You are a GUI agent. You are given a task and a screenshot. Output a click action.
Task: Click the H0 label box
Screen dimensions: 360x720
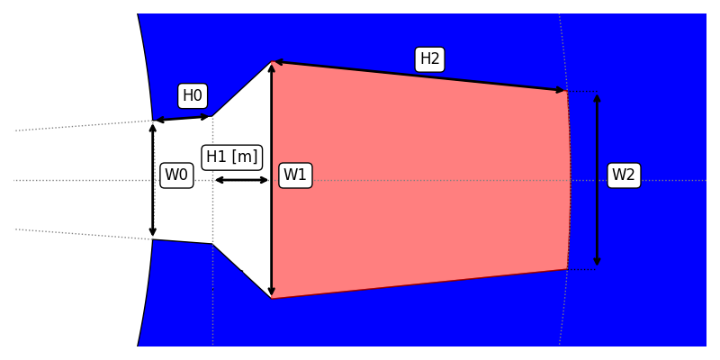[193, 95]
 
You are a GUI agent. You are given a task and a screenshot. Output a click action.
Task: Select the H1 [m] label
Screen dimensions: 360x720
[232, 157]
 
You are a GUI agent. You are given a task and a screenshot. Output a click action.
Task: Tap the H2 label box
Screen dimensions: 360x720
[430, 59]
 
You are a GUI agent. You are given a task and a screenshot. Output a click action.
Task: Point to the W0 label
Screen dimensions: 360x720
[176, 175]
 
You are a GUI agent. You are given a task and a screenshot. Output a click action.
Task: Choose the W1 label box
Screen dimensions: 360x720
[295, 175]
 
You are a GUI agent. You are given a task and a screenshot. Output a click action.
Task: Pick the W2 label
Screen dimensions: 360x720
[624, 175]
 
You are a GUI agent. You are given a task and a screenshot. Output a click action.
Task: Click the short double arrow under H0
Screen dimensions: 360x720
[183, 118]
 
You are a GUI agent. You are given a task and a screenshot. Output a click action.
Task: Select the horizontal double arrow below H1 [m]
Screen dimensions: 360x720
[241, 180]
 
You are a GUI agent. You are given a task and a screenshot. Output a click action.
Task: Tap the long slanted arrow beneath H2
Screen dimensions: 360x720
[419, 76]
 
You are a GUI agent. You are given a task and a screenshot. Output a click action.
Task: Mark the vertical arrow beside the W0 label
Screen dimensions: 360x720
[153, 180]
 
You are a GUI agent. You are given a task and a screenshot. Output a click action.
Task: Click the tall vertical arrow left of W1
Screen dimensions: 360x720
[272, 180]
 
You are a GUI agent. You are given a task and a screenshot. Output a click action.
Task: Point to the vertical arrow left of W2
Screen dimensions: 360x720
[597, 180]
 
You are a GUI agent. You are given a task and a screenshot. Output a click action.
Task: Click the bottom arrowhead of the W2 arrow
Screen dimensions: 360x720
[597, 263]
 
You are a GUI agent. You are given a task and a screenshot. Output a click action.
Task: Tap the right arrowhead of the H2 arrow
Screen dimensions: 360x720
[562, 90]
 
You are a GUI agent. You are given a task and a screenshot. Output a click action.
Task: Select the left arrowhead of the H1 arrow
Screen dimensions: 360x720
[218, 180]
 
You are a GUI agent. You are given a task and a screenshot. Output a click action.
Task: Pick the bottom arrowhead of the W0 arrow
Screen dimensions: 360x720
[153, 233]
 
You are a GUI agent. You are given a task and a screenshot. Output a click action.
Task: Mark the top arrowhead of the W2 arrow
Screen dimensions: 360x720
[597, 97]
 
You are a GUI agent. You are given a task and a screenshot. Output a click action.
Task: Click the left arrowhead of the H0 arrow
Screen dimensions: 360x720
[158, 120]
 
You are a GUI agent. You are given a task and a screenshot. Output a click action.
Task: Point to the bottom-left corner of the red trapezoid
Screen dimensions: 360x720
[272, 298]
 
